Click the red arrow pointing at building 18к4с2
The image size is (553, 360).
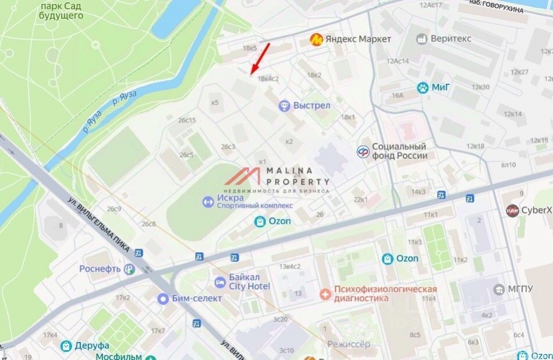tap(260, 59)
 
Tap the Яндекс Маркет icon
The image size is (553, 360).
tap(316, 40)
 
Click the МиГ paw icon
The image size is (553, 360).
tap(422, 88)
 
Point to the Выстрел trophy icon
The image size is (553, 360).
tap(284, 106)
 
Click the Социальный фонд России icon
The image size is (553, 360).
tap(363, 151)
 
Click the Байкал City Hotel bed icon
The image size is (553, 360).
tap(220, 283)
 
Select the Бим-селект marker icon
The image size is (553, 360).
tap(163, 298)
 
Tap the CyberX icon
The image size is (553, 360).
tap(512, 210)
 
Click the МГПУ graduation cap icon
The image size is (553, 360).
tap(499, 290)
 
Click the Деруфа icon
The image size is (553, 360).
tap(66, 346)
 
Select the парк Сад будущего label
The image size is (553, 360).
tap(61, 10)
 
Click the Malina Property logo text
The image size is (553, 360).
tap(297, 175)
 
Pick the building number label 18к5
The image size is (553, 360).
tap(250, 48)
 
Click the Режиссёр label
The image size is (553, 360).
tap(348, 344)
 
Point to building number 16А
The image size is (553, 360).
tap(398, 95)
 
